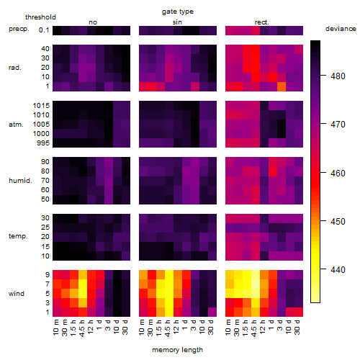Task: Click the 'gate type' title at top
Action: tap(178, 12)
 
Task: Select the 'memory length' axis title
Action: tap(177, 350)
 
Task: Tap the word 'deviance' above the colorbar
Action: tap(341, 29)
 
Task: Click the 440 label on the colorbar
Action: tap(338, 269)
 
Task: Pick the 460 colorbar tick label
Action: tap(338, 173)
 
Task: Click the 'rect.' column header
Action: tap(262, 22)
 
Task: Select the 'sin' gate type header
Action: tap(177, 22)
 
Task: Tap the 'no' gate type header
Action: tap(93, 22)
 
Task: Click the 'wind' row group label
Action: tap(17, 294)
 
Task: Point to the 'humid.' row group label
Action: tap(20, 181)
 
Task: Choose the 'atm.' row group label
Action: tap(16, 125)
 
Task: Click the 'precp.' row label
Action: tap(19, 29)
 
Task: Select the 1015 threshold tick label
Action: tap(41, 106)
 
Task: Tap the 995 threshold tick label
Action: tap(43, 143)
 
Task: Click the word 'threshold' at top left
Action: tap(40, 17)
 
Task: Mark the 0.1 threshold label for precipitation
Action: tap(44, 30)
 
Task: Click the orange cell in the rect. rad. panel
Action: tap(282, 86)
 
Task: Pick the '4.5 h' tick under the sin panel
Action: tap(168, 328)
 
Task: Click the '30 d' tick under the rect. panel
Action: tap(297, 327)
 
